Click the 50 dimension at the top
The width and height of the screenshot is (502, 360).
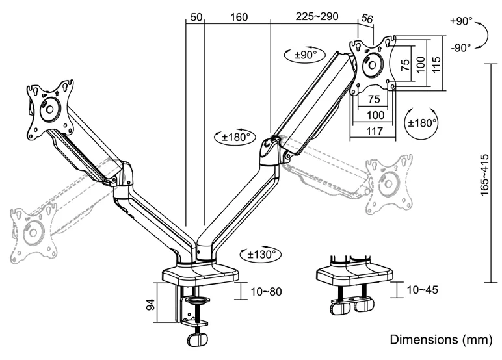(194, 17)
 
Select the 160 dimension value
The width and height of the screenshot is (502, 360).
(239, 17)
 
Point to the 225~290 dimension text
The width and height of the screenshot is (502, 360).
(317, 17)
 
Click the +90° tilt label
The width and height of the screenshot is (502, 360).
(460, 21)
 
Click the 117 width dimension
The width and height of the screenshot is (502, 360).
(373, 130)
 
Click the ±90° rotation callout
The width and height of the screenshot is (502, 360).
(302, 55)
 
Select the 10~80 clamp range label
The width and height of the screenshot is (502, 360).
(266, 291)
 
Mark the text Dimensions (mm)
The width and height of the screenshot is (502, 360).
(441, 340)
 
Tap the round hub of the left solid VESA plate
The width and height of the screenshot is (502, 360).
(49, 109)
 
